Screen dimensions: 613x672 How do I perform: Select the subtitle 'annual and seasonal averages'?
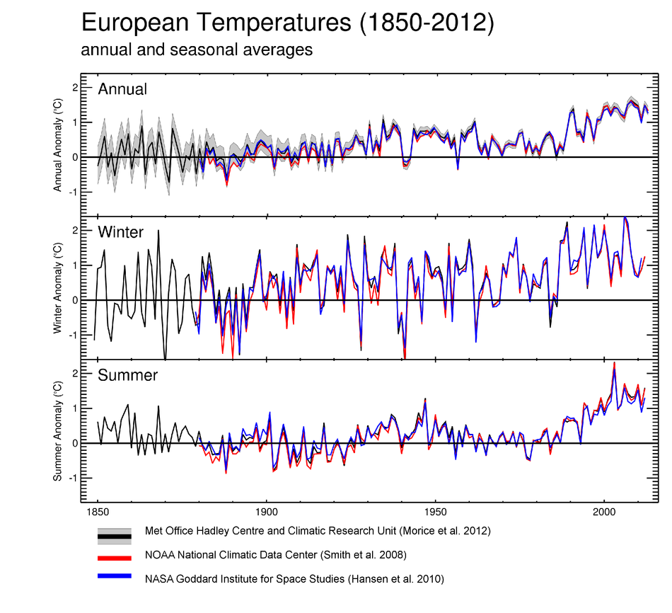[197, 50]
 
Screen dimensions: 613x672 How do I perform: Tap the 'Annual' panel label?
[122, 89]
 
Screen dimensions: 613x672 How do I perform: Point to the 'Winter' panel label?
[121, 232]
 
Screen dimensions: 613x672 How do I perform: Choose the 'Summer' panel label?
[128, 375]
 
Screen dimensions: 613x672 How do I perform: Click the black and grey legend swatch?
[115, 536]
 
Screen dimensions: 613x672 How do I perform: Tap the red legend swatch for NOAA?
[115, 557]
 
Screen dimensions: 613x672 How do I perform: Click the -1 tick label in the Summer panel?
[71, 478]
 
